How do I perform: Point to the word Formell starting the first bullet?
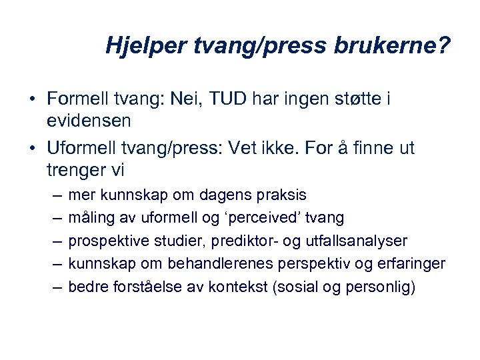click(x=76, y=99)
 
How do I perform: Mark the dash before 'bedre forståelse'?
click(x=57, y=287)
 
